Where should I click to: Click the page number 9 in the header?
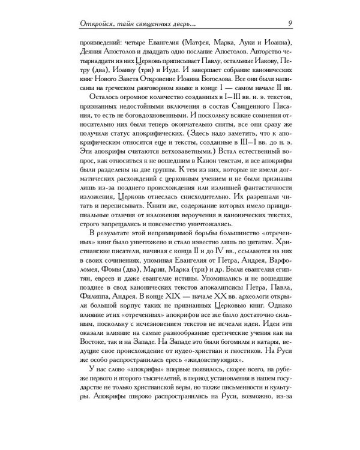point(290,23)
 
